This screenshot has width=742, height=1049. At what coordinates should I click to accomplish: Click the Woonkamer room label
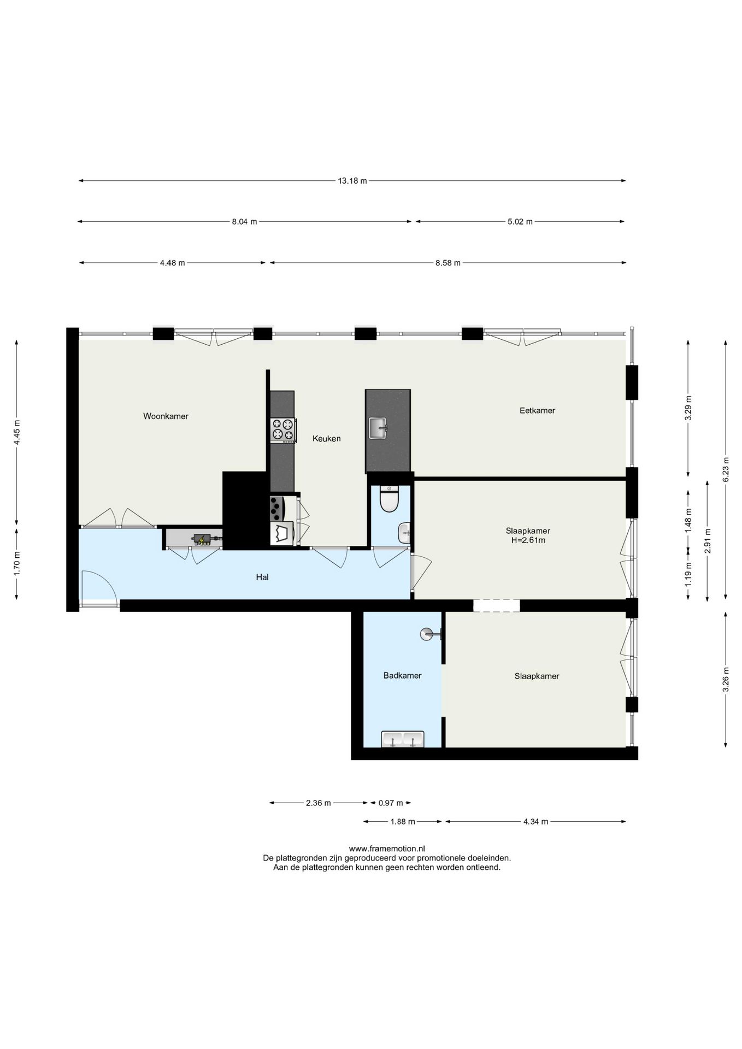(x=166, y=416)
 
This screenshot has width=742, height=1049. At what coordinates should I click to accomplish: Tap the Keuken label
(x=327, y=438)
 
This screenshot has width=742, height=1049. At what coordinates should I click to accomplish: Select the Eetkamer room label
(x=537, y=410)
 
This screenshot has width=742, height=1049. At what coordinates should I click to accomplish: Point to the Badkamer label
(x=402, y=675)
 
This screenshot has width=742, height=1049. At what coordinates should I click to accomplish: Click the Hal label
(x=262, y=577)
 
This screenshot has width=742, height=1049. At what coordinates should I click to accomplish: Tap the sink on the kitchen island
(x=378, y=428)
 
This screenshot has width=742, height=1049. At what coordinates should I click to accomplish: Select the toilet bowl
(x=389, y=499)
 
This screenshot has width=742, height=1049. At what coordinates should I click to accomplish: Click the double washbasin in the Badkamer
(x=403, y=739)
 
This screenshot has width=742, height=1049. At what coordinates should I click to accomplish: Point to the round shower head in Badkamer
(x=426, y=634)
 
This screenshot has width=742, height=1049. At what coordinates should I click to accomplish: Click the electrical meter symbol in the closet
(x=202, y=540)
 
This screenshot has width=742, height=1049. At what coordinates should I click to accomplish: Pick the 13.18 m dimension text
(x=352, y=181)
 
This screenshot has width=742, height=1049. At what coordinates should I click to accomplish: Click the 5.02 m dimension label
(x=520, y=222)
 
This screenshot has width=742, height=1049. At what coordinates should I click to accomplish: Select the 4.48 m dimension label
(x=172, y=263)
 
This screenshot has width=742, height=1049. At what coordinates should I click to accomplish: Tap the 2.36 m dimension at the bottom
(x=318, y=803)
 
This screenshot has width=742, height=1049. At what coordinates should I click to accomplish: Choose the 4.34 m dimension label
(x=535, y=821)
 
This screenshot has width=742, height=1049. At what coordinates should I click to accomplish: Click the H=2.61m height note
(x=528, y=540)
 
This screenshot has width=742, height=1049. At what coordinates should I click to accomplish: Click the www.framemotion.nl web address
(x=387, y=848)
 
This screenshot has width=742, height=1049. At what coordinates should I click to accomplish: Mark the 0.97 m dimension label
(x=391, y=803)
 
